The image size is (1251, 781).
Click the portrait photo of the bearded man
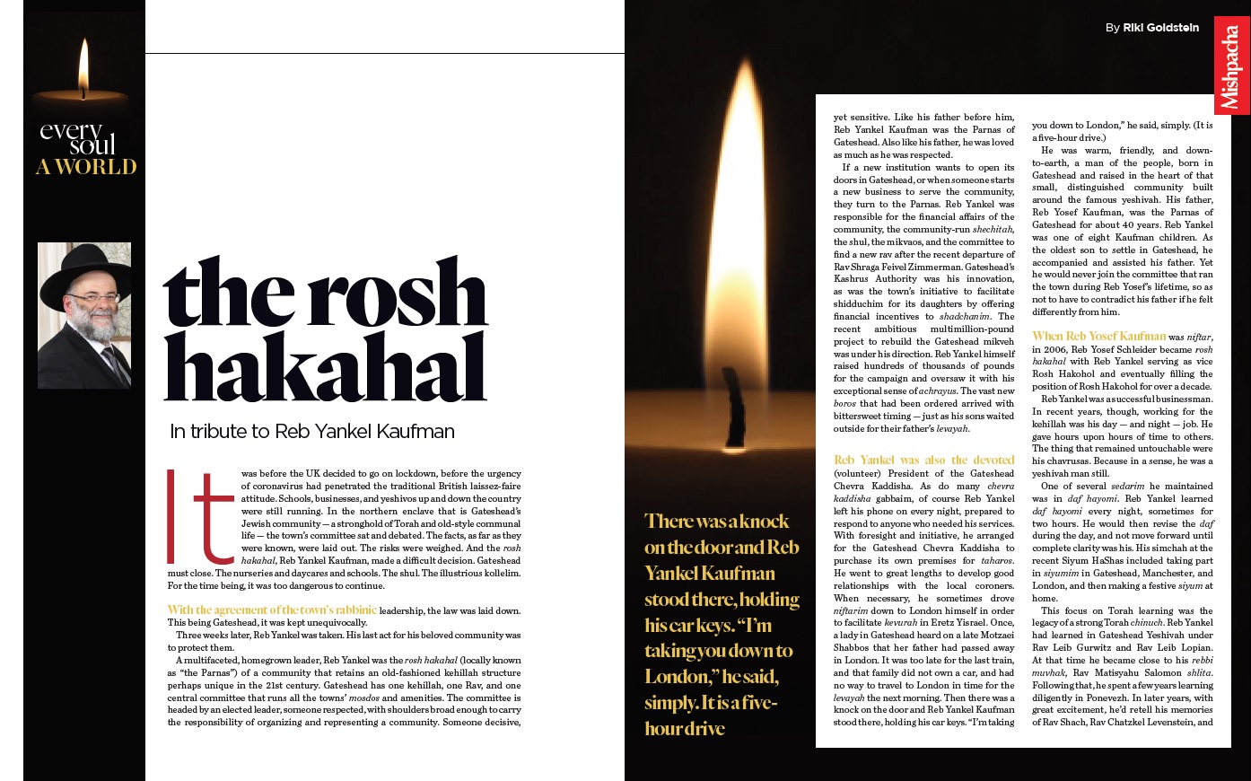point(84,315)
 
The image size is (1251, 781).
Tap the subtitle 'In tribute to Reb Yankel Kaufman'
point(312,432)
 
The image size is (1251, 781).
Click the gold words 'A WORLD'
point(86,167)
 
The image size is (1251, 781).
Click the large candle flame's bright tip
point(748,72)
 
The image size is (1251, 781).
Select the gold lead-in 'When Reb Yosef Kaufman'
point(1098,337)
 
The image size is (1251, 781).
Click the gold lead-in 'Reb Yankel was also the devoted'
point(923,460)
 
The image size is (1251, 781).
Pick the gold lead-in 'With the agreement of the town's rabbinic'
point(272,610)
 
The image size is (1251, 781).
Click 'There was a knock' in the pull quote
point(716,522)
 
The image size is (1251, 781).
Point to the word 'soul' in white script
point(93,146)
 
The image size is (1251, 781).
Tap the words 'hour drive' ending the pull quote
point(684,729)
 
